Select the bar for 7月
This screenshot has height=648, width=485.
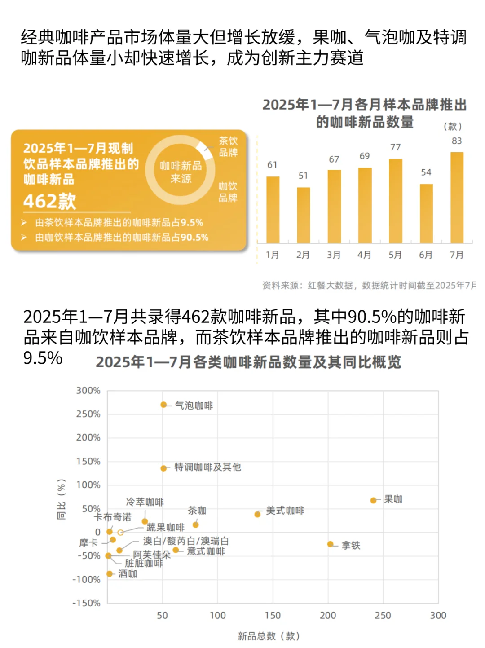pyautogui.click(x=457, y=198)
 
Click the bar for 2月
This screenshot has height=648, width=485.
pyautogui.click(x=303, y=215)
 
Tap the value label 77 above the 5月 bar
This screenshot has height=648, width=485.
pyautogui.click(x=395, y=147)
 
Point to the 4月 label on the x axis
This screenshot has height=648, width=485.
pyautogui.click(x=364, y=255)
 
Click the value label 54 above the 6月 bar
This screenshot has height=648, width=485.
pyautogui.click(x=426, y=172)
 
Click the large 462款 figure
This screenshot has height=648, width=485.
pyautogui.click(x=50, y=201)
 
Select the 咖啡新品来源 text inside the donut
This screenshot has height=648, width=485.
pyautogui.click(x=181, y=172)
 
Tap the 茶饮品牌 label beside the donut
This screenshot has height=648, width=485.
pyautogui.click(x=228, y=147)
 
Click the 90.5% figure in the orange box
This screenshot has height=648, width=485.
pyautogui.click(x=194, y=237)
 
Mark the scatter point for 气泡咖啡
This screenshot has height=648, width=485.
pyautogui.click(x=163, y=405)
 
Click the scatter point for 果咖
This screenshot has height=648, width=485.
pyautogui.click(x=373, y=500)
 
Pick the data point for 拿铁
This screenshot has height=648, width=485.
pyautogui.click(x=330, y=544)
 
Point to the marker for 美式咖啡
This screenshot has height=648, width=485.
pyautogui.click(x=257, y=514)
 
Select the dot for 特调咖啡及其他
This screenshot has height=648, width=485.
pyautogui.click(x=163, y=468)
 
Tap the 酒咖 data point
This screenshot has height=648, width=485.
pyautogui.click(x=109, y=573)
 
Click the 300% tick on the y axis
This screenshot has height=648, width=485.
pyautogui.click(x=88, y=391)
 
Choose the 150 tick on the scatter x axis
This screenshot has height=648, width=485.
pyautogui.click(x=273, y=615)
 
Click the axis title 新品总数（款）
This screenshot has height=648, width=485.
pyautogui.click(x=269, y=636)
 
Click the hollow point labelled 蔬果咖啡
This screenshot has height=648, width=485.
pyautogui.click(x=120, y=533)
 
